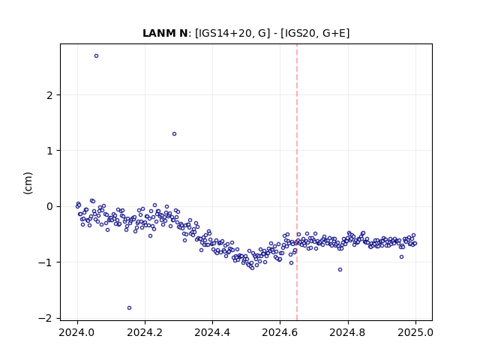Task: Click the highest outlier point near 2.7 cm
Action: (97, 56)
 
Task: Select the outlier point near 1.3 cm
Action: (174, 133)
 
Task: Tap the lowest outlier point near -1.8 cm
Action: (129, 308)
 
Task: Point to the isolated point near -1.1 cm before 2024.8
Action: (340, 270)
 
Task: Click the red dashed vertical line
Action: (297, 182)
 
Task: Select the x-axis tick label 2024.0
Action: (77, 332)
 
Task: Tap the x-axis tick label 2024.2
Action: (145, 332)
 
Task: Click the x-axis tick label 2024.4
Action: (212, 332)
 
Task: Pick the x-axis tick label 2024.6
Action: (280, 332)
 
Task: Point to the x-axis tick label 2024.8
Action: (348, 332)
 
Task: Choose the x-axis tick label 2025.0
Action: (415, 332)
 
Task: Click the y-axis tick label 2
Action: (49, 95)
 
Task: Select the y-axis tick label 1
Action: (49, 151)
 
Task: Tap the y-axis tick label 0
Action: (49, 207)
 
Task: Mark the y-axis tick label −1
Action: (46, 262)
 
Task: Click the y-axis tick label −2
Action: (46, 318)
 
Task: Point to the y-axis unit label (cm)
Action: (28, 183)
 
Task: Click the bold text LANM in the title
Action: (158, 33)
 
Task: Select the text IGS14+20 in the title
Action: (224, 33)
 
